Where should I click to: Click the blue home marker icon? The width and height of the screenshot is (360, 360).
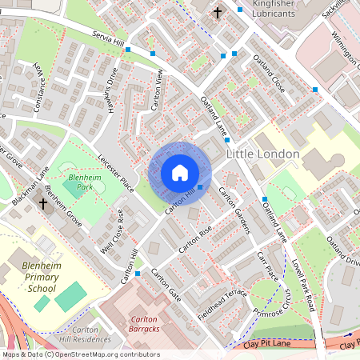click(x=180, y=173)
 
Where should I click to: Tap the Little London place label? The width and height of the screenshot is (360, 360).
click(x=263, y=153)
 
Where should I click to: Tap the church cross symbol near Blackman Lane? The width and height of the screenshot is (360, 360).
click(x=43, y=204)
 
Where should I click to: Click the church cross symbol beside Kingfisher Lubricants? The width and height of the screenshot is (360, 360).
click(x=218, y=12)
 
